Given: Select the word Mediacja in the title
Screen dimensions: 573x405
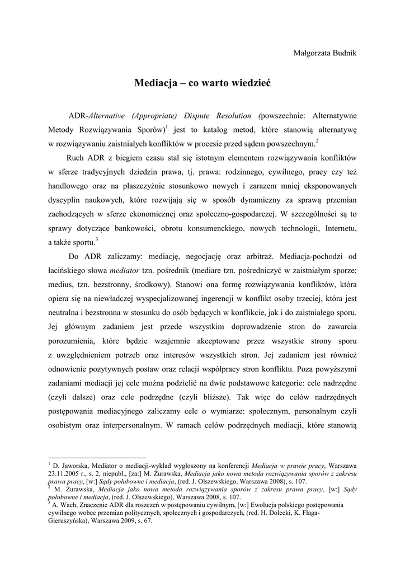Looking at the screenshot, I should [154, 83].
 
